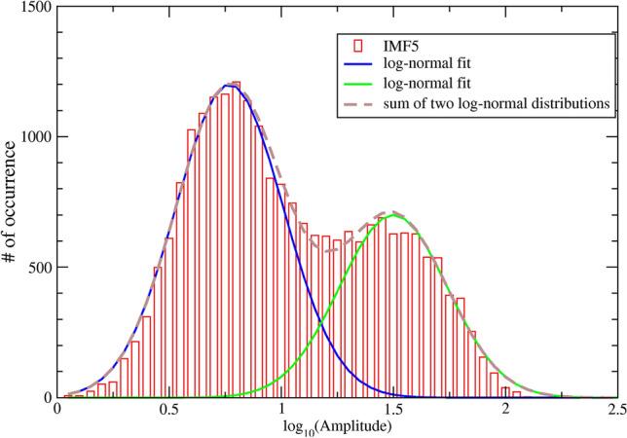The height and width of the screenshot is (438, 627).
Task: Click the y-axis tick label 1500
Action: coord(37,8)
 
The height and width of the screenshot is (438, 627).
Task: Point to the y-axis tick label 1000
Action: coord(37,137)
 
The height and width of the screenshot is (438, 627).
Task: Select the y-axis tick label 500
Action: coord(41,268)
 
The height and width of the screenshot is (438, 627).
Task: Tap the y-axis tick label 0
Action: coord(49,398)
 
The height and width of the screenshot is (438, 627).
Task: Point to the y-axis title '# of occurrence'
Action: coord(12,202)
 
